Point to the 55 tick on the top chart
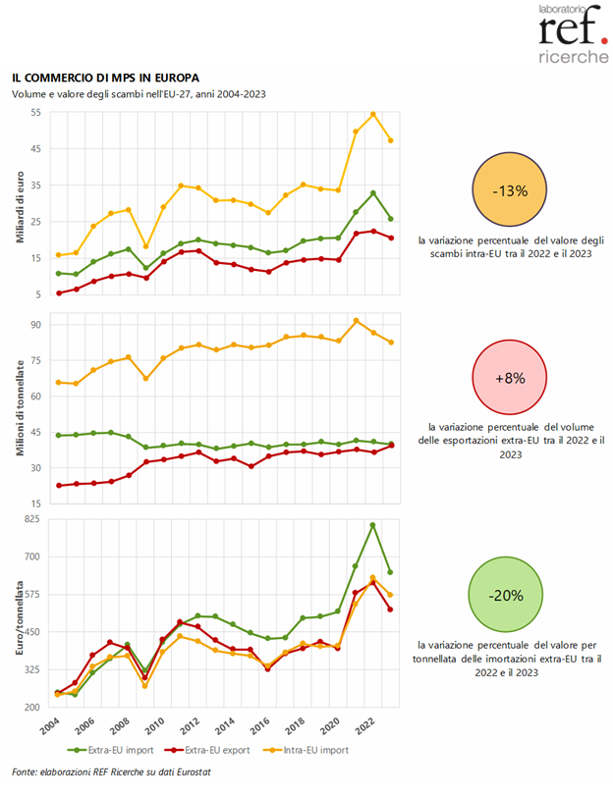point(34,112)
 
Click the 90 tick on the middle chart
point(34,325)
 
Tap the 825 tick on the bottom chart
point(32,519)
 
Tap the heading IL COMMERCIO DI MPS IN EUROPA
point(106,77)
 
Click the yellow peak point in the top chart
point(373,114)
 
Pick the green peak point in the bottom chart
point(373,525)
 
